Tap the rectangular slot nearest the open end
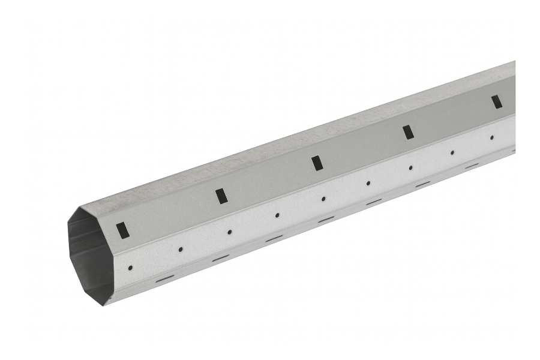pyautogui.click(x=122, y=230)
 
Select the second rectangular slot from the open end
pyautogui.click(x=221, y=196)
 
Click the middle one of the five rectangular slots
pyautogui.click(x=317, y=163)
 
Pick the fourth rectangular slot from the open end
pyautogui.click(x=408, y=132)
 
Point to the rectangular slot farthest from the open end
pyautogui.click(x=497, y=102)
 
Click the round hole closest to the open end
pyautogui.click(x=130, y=268)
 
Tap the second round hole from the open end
pyautogui.click(x=180, y=249)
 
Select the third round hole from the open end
pyautogui.click(x=229, y=232)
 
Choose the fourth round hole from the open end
pyautogui.click(x=277, y=215)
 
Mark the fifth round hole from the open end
pyautogui.click(x=323, y=199)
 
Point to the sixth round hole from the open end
pyautogui.click(x=368, y=183)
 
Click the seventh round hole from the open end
pyautogui.click(x=411, y=167)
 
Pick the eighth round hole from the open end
pyautogui.click(x=452, y=152)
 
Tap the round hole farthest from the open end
pyautogui.click(x=492, y=137)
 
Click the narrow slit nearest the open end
pyautogui.click(x=164, y=278)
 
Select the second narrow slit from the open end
pyautogui.click(x=221, y=258)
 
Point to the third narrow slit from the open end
pyautogui.click(x=274, y=239)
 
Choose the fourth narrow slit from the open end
pyautogui.click(x=326, y=220)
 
